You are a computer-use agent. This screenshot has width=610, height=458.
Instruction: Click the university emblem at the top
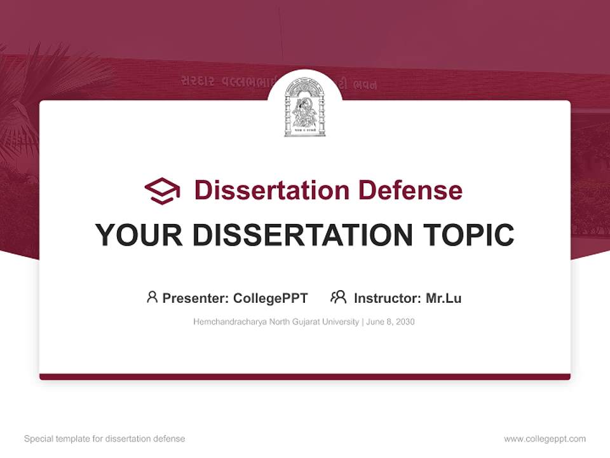pos(305,107)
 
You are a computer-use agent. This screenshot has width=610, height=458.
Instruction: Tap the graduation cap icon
pos(162,191)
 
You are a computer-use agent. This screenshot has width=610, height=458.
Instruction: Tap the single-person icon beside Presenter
pos(152,297)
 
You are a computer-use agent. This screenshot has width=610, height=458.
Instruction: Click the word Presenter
pos(195,298)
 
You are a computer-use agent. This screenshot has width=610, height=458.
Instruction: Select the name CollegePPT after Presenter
pos(271,298)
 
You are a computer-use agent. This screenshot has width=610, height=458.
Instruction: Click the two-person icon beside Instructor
pos(339,297)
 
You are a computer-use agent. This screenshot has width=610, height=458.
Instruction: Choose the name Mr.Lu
pos(444,298)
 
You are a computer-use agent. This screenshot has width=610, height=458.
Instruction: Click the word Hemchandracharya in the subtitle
pos(228,322)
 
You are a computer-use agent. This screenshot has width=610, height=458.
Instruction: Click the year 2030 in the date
pos(404,322)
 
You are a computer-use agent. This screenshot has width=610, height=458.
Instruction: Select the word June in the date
pos(374,322)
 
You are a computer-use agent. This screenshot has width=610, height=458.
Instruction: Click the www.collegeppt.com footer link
pos(545,439)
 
